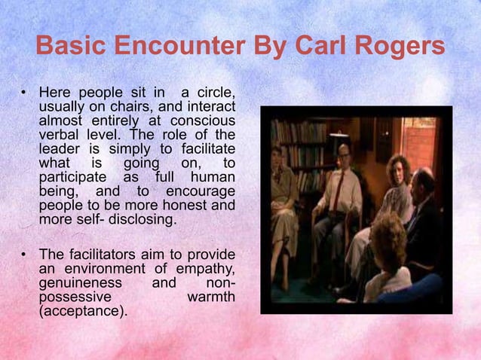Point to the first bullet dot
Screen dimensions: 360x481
coord(23,93)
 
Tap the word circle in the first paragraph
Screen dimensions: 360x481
coord(213,93)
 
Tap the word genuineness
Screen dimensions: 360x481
coord(80,282)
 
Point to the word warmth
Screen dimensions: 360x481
coord(210,296)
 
